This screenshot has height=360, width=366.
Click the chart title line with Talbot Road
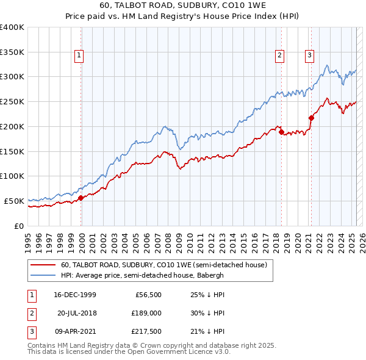tap(182, 7)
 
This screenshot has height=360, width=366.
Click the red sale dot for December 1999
tap(81, 197)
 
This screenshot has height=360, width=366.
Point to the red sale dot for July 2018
tap(281, 132)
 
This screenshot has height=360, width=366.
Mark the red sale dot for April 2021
tap(311, 117)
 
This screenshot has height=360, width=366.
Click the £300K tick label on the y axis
tap(12, 77)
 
